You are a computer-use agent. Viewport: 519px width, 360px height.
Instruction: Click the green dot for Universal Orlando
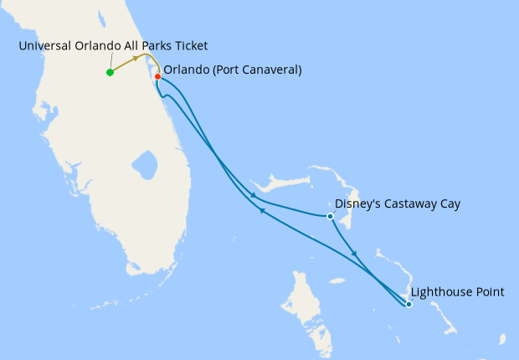110,72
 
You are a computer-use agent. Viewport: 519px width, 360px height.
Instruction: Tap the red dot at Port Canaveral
157,76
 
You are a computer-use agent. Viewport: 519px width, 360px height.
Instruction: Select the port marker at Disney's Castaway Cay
331,216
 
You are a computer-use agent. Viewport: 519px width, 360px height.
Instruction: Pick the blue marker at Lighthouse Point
409,304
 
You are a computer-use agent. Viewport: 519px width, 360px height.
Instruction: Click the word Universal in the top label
44,45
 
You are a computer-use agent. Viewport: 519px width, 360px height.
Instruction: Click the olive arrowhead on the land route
136,59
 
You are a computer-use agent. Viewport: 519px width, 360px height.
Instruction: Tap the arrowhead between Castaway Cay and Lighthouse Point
356,254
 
